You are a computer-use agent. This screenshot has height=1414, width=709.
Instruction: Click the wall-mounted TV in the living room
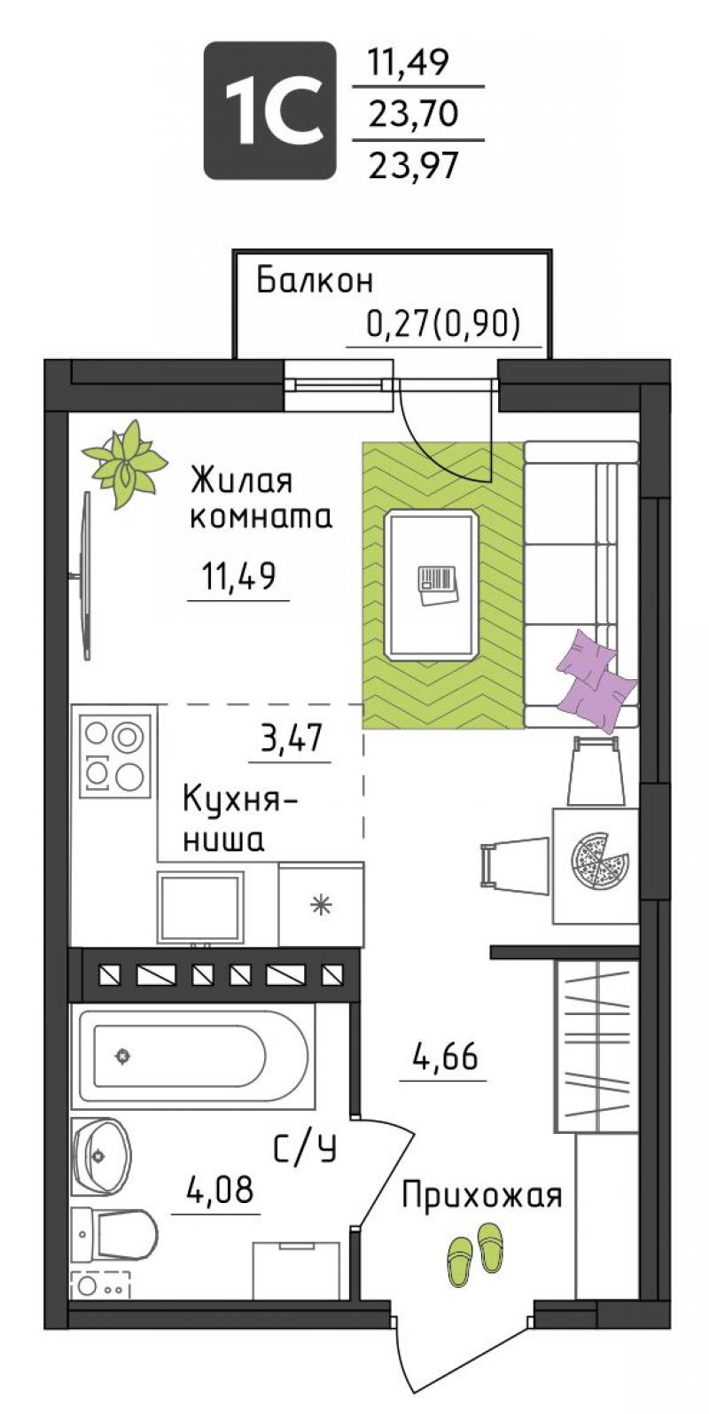click(x=85, y=575)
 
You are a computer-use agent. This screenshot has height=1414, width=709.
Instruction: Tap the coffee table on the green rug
click(x=432, y=584)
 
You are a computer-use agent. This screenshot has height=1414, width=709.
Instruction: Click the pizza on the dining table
click(x=599, y=860)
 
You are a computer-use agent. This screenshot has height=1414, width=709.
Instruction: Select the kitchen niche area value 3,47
click(x=291, y=738)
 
